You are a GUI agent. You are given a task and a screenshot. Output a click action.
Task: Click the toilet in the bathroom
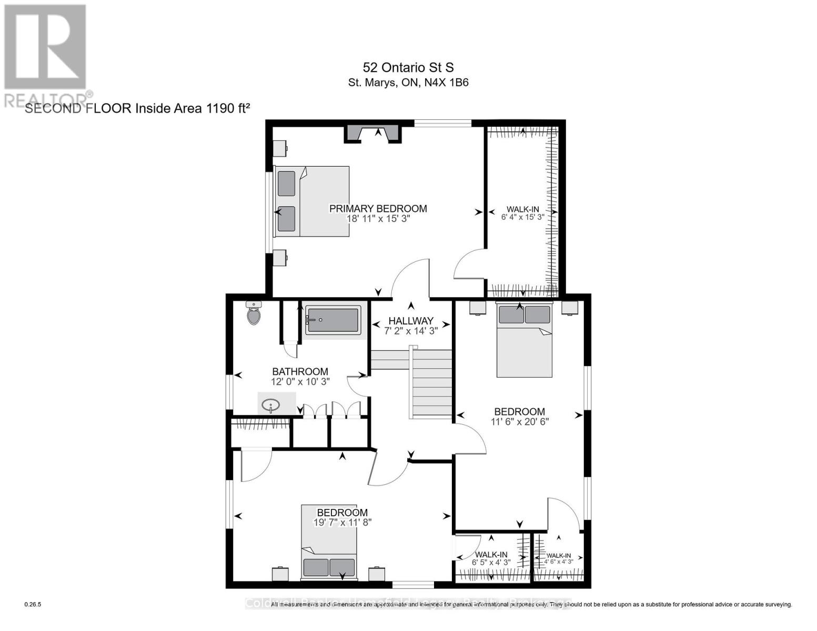click(x=254, y=314)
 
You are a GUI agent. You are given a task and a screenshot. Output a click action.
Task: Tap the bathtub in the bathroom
click(x=332, y=320)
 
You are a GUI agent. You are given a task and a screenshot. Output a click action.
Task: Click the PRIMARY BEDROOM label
click(x=378, y=209)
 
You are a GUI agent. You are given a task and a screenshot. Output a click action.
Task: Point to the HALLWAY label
click(x=411, y=321)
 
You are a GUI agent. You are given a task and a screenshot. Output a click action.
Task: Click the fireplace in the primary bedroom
click(x=374, y=134)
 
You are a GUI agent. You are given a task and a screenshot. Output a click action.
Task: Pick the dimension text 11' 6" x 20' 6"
click(x=519, y=421)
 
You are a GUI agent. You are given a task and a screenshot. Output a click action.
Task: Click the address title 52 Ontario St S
click(x=408, y=67)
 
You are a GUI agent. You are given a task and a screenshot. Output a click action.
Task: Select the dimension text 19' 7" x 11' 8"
click(x=342, y=522)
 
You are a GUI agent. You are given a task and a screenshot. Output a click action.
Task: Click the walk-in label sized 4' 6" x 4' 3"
click(x=559, y=556)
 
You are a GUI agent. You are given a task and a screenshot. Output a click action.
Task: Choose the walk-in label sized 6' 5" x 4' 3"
click(x=491, y=555)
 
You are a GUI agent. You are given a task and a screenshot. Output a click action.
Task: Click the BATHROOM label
click(x=300, y=372)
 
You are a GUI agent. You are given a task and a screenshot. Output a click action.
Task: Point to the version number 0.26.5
click(x=33, y=605)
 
